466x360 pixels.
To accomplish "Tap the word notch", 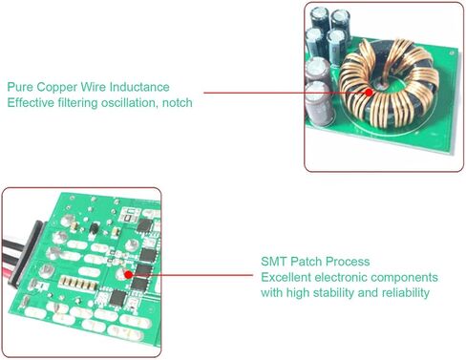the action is [178, 103].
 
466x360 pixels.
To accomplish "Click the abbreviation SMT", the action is [274, 262].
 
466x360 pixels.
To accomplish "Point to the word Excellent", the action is [286, 277].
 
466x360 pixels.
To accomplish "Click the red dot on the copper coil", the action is [369, 93].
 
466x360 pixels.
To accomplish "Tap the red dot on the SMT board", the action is [128, 274].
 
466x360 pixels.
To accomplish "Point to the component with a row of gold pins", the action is [78, 283].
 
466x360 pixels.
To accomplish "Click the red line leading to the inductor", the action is [286, 93].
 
